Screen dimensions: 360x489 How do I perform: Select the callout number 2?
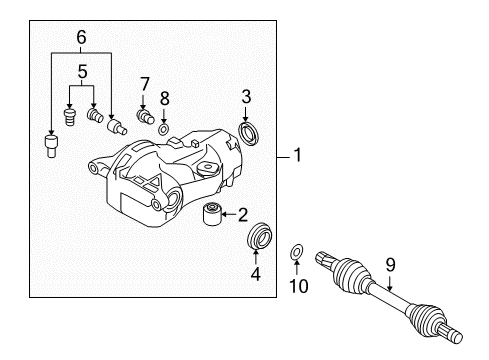pyautogui.click(x=242, y=213)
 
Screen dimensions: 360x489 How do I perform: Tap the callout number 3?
pyautogui.click(x=245, y=96)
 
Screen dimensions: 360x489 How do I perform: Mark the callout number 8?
pyautogui.click(x=166, y=98)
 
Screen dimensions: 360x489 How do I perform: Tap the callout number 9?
pyautogui.click(x=391, y=265)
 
